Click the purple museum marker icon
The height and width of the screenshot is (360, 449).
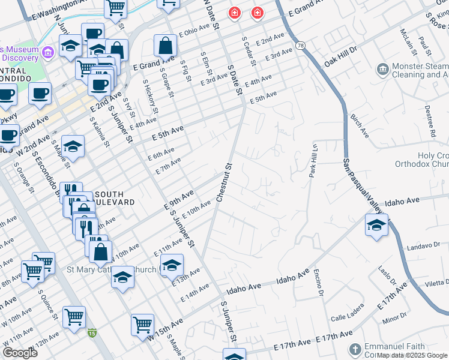tap(48, 53)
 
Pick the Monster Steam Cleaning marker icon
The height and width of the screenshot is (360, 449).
tap(382, 71)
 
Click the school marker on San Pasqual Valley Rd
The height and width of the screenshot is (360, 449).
tap(376, 226)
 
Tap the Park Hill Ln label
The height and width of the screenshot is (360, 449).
tap(313, 160)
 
